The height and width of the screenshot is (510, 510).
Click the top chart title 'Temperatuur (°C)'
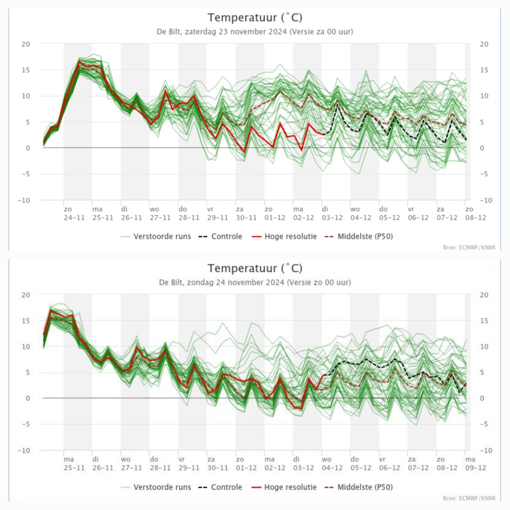(x=255, y=17)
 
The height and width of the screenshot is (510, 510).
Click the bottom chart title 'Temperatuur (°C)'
(x=255, y=268)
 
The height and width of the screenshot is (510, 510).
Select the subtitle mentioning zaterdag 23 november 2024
(x=255, y=31)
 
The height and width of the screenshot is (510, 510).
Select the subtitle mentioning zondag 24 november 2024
(x=255, y=282)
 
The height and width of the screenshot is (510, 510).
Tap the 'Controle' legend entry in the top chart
(x=221, y=237)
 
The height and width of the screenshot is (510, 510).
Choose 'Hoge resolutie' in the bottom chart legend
(x=284, y=487)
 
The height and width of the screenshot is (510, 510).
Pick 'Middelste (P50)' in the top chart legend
(x=359, y=237)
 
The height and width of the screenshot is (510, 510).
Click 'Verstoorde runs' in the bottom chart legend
(x=156, y=487)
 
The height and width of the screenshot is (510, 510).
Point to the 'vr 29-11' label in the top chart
(x=218, y=213)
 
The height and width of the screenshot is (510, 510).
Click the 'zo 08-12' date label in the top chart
(x=476, y=213)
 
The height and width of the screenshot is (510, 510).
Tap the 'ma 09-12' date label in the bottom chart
(x=476, y=464)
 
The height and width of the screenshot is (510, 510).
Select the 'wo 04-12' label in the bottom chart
(x=332, y=464)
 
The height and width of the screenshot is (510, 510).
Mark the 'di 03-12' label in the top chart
(x=332, y=213)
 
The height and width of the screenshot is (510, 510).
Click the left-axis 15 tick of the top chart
(x=26, y=70)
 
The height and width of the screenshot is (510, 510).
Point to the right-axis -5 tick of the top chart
(x=484, y=174)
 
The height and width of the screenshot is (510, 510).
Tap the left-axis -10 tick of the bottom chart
(x=24, y=450)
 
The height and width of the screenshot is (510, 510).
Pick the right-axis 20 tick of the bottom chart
(x=484, y=295)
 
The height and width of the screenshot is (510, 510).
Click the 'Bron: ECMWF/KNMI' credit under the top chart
(x=469, y=248)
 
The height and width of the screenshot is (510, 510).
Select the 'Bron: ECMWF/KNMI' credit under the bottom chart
(x=469, y=498)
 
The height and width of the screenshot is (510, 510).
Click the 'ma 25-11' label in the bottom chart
(x=74, y=464)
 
